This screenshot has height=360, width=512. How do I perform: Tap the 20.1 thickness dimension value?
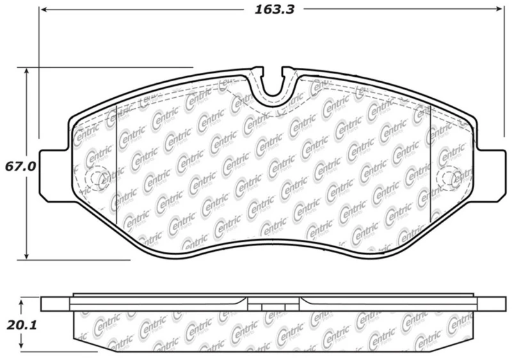coord(19,325)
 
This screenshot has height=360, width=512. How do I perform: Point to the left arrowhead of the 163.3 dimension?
coord(43,10)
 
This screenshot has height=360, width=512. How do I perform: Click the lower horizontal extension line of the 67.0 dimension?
coord(77,260)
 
